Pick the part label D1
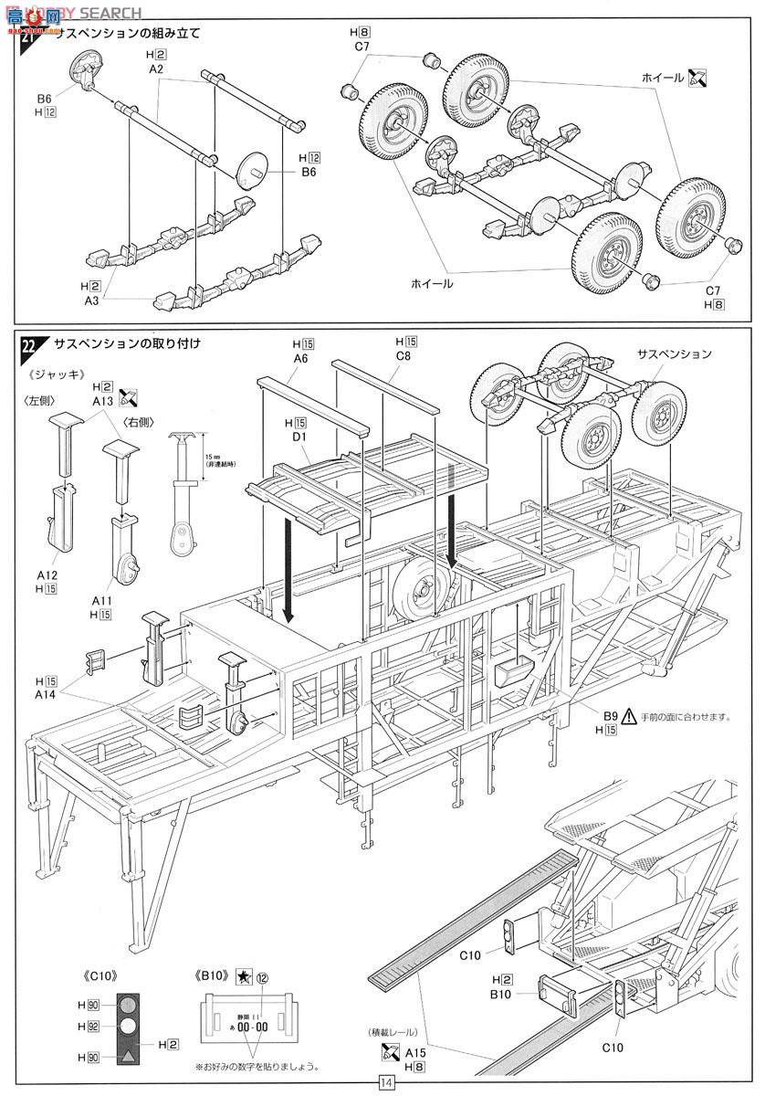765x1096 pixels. pyautogui.click(x=298, y=439)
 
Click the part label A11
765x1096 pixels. pyautogui.click(x=101, y=601)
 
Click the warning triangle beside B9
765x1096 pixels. pyautogui.click(x=630, y=715)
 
